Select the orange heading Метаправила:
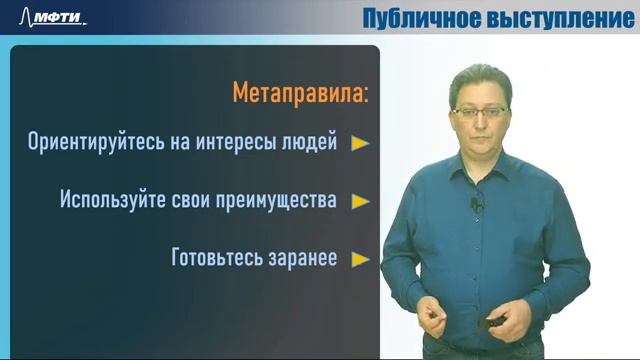300,94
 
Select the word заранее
299,257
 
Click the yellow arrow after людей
360,143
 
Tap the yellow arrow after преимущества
360,200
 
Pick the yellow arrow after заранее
360,258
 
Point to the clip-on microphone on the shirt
477,205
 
